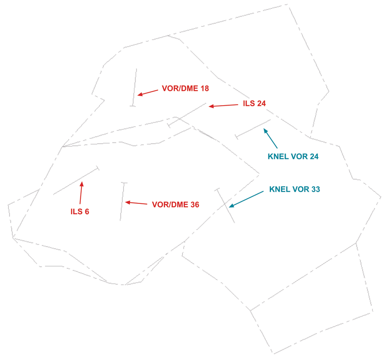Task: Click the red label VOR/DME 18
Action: pyautogui.click(x=185, y=88)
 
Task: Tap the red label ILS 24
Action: pyautogui.click(x=254, y=103)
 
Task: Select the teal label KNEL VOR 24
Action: pyautogui.click(x=293, y=157)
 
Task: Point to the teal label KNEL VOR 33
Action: pyautogui.click(x=294, y=190)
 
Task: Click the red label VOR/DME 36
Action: pyautogui.click(x=175, y=205)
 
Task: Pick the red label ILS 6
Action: pyautogui.click(x=80, y=212)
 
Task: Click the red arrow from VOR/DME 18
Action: pyautogui.click(x=148, y=93)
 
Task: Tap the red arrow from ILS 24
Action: pyautogui.click(x=223, y=106)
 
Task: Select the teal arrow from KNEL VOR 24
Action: pyautogui.click(x=271, y=138)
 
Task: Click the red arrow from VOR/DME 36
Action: pyautogui.click(x=136, y=203)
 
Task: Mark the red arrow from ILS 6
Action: pyautogui.click(x=81, y=193)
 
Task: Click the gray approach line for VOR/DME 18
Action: pyautogui.click(x=134, y=88)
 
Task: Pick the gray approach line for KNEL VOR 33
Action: pyautogui.click(x=225, y=206)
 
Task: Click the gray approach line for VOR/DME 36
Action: pyautogui.click(x=122, y=202)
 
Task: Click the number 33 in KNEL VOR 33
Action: pyautogui.click(x=316, y=190)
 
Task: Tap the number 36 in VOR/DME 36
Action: pyautogui.click(x=195, y=205)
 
